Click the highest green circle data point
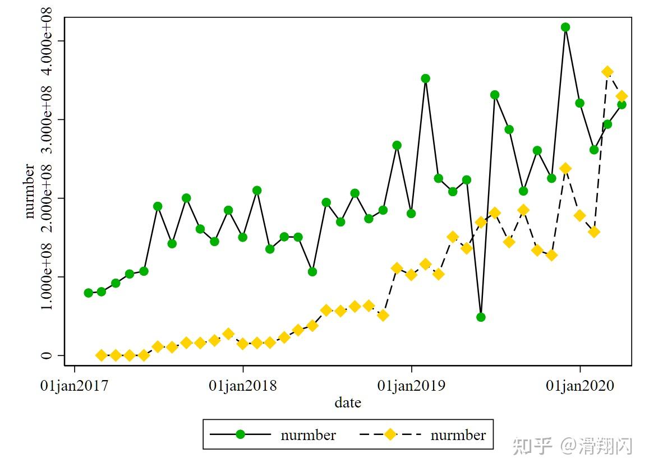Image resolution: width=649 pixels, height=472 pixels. click(565, 27)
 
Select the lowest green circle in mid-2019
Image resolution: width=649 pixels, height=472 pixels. click(481, 317)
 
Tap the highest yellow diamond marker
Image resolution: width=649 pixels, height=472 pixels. click(607, 72)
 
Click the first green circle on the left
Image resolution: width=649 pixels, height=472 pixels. click(88, 293)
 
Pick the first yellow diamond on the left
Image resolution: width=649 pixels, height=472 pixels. click(102, 355)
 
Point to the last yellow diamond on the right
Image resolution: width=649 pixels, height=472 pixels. click(622, 96)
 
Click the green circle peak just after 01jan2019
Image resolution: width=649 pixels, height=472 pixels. click(425, 78)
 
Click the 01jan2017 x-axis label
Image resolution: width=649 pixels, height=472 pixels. click(75, 386)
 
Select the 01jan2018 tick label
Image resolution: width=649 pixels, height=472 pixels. click(243, 386)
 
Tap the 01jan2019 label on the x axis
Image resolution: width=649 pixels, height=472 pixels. click(411, 386)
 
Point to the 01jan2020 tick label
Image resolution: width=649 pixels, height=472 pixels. click(580, 386)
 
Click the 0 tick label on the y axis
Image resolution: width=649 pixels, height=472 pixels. click(46, 355)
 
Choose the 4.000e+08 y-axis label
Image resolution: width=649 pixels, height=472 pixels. click(46, 40)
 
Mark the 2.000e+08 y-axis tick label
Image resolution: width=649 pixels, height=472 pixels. click(46, 198)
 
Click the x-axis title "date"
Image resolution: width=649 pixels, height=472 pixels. click(348, 402)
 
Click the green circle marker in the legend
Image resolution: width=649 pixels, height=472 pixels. click(240, 434)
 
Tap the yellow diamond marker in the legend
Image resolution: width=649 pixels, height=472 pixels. click(390, 434)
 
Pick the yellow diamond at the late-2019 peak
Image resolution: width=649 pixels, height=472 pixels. click(565, 168)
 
